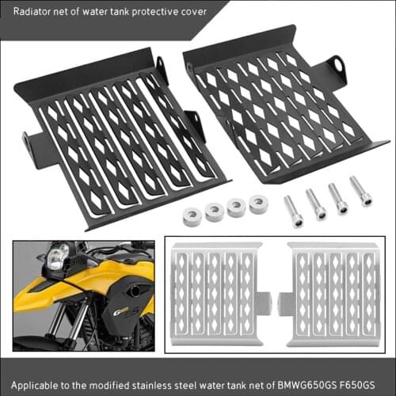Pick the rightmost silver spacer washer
click(258, 204)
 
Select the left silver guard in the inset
click(215, 292)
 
